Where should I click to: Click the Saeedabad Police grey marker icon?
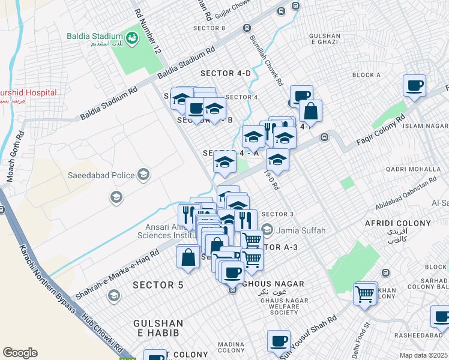coord(143,175)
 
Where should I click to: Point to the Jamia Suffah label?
coord(303,230)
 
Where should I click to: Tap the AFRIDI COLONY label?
coord(405,223)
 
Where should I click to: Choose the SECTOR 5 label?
coord(158,285)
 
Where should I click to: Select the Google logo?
coord(20,353)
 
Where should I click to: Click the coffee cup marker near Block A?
coord(414,85)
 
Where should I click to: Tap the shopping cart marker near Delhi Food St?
coord(365,294)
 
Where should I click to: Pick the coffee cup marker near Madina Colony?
coord(279,341)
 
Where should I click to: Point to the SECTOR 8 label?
coord(209,28)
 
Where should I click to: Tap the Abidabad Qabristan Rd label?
coord(406,194)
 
